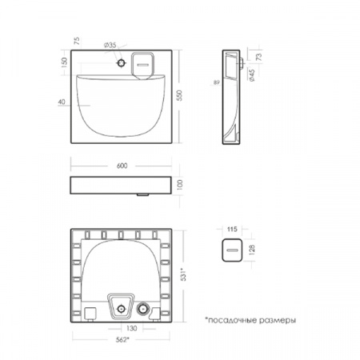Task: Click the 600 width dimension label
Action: pos(122,166)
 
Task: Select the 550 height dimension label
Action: pos(180,95)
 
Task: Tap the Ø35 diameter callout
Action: pos(110,45)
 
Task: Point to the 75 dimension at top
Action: pos(77,41)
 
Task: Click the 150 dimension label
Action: pos(64,62)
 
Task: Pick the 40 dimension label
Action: pos(62,102)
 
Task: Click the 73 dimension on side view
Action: pos(259,57)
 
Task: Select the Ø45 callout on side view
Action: pos(252,75)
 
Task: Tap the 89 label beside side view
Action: pos(217,82)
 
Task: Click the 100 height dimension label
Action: pos(180,185)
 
